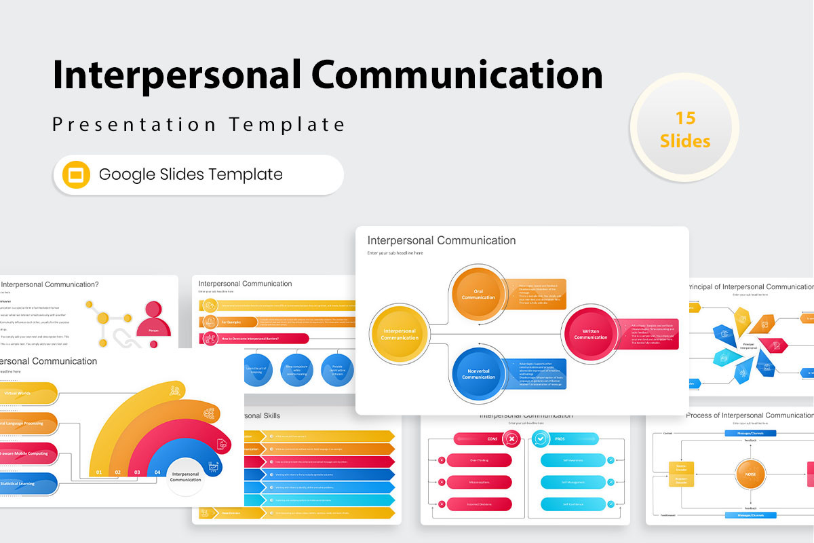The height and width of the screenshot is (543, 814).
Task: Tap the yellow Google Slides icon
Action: coord(76,174)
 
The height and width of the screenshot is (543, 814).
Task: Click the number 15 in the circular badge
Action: coord(685,118)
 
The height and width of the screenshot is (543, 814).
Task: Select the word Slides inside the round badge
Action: coord(685,141)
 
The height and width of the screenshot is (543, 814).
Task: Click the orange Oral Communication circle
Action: coord(478,295)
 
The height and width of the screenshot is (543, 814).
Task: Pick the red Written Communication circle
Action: coord(590,334)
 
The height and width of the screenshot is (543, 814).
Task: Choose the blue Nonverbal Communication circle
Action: coord(478,373)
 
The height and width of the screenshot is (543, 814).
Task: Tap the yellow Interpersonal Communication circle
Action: coord(400,334)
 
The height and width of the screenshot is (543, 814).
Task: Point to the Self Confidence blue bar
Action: coord(573,504)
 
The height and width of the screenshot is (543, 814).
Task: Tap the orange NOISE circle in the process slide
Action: coord(750,474)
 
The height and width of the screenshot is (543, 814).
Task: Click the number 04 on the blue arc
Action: coord(157,472)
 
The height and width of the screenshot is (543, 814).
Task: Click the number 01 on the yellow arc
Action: coord(99,472)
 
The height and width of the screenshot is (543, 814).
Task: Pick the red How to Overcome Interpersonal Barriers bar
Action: coord(255,338)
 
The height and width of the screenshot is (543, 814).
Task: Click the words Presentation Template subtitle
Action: coord(199,125)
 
